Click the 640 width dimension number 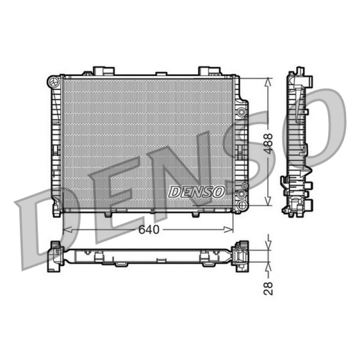(x=149, y=229)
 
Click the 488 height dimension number (x=268, y=143)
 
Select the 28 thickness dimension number (x=268, y=288)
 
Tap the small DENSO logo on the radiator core (x=196, y=192)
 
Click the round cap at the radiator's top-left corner (x=54, y=81)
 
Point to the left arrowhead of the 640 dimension (x=67, y=229)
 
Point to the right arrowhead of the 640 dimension (x=229, y=229)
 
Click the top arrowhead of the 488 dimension (x=268, y=82)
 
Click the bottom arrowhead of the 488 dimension (x=268, y=201)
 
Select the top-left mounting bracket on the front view (x=103, y=71)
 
